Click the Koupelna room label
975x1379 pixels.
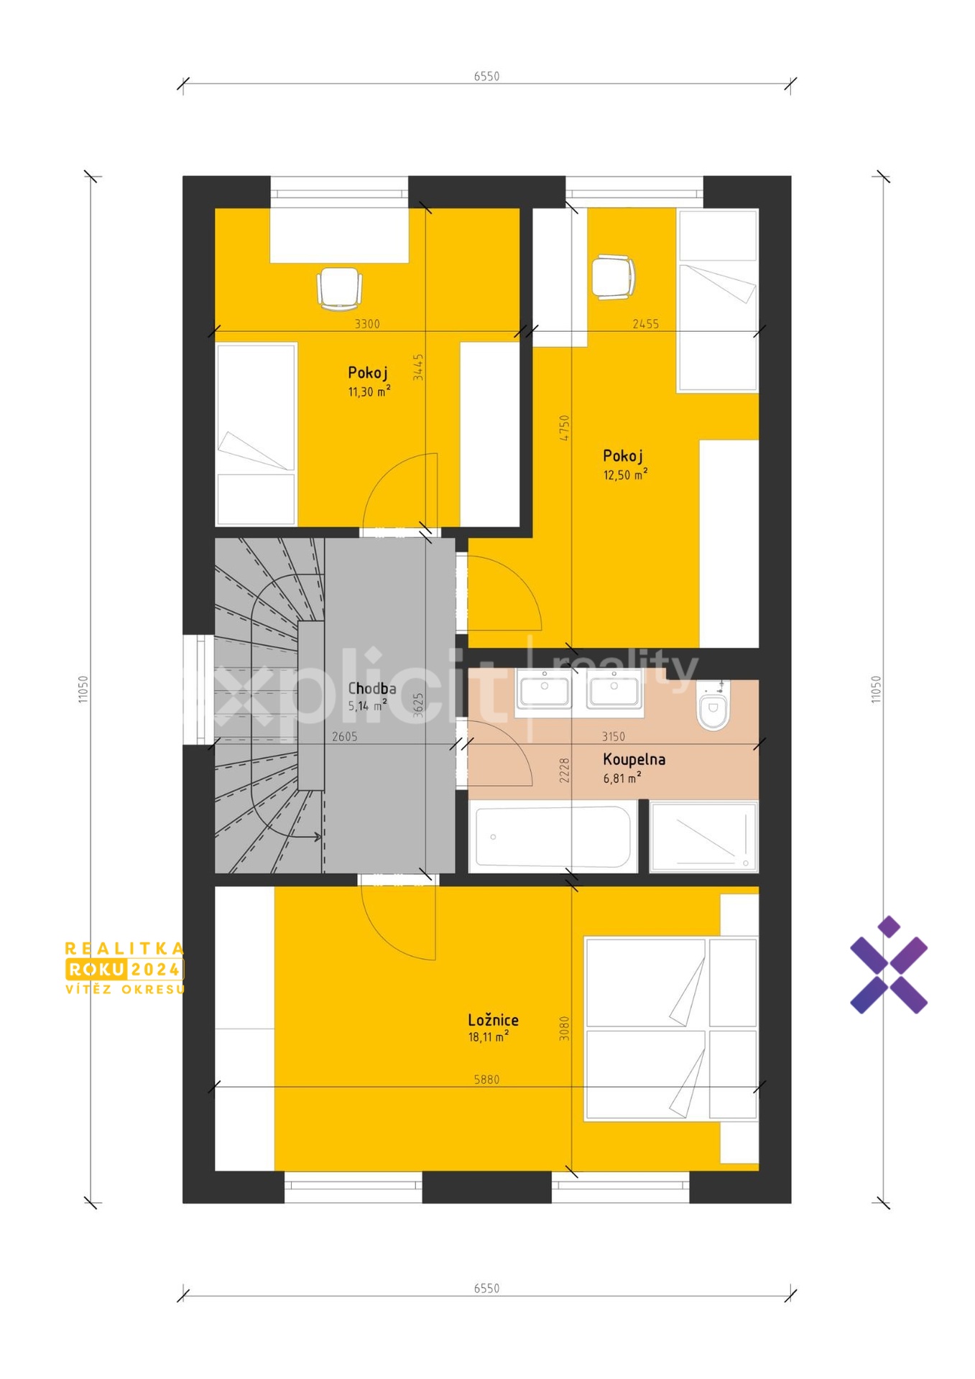(634, 759)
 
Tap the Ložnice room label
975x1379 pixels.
(493, 1020)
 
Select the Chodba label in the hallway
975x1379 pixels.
(371, 688)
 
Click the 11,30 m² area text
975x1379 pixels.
(369, 391)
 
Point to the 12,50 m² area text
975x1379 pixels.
(625, 474)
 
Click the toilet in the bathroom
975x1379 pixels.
(713, 706)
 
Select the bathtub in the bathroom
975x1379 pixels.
(553, 837)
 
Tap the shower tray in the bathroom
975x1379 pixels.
(703, 837)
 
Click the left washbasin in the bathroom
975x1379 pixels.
(544, 689)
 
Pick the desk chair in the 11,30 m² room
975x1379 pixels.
(339, 289)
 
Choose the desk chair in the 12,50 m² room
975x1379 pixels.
(613, 277)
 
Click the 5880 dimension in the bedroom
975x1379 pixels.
(486, 1079)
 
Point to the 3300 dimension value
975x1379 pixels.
(367, 324)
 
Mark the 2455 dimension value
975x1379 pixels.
(645, 324)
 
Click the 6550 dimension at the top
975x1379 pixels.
(486, 76)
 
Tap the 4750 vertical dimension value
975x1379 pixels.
(565, 428)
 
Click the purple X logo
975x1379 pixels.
(889, 965)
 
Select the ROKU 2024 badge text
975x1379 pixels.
(124, 970)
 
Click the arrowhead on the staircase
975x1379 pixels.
(316, 836)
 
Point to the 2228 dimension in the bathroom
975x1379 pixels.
(565, 770)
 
